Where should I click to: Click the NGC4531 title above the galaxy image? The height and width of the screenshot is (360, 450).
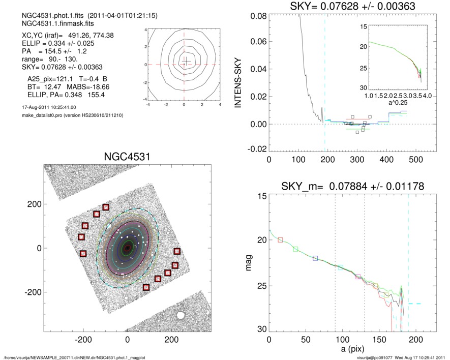[127, 157]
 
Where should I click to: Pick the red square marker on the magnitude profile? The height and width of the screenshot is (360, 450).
[280, 240]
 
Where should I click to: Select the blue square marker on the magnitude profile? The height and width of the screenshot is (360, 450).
[315, 258]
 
